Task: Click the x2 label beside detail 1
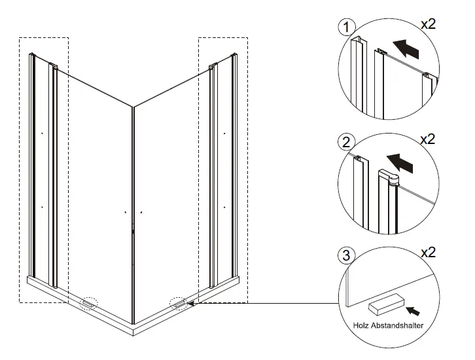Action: click(x=429, y=24)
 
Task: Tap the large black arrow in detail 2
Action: click(x=400, y=162)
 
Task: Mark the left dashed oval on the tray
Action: click(x=88, y=303)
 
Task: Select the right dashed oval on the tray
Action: click(x=177, y=303)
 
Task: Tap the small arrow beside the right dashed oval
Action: click(x=190, y=303)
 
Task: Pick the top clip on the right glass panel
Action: click(x=212, y=66)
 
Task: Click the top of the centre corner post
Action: click(x=133, y=106)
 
